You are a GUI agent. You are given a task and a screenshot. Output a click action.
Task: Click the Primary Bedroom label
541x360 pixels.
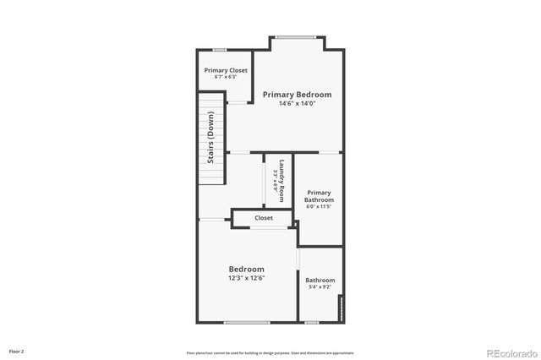[296, 95]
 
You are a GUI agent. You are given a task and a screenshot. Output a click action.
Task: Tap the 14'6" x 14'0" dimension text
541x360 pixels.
[296, 104]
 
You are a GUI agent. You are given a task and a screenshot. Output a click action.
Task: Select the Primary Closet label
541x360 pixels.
[226, 69]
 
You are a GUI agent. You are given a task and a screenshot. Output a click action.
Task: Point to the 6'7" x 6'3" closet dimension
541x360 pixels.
[226, 77]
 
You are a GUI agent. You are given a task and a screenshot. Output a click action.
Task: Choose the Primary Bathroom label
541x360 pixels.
[319, 196]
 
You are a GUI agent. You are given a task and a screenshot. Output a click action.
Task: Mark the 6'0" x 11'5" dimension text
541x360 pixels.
[319, 206]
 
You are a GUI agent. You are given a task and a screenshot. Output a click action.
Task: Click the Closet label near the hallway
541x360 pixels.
[264, 218]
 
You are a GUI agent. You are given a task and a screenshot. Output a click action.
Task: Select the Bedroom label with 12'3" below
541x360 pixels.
[246, 269]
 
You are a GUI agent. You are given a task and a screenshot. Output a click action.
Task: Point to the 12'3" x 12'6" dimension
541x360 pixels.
[246, 278]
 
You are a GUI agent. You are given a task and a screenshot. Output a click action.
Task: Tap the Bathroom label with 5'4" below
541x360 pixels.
[320, 281]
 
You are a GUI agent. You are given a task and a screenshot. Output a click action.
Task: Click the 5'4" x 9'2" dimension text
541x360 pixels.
[320, 288]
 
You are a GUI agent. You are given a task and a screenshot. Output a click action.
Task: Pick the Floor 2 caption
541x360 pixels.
[17, 351]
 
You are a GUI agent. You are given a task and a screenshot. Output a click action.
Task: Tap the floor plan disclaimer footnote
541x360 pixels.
[270, 352]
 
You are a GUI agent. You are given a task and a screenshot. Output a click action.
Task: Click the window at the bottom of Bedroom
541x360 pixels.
[247, 322]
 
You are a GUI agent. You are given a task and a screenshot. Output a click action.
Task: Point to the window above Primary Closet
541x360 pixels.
[219, 49]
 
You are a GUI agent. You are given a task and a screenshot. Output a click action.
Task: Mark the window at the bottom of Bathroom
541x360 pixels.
[312, 322]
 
